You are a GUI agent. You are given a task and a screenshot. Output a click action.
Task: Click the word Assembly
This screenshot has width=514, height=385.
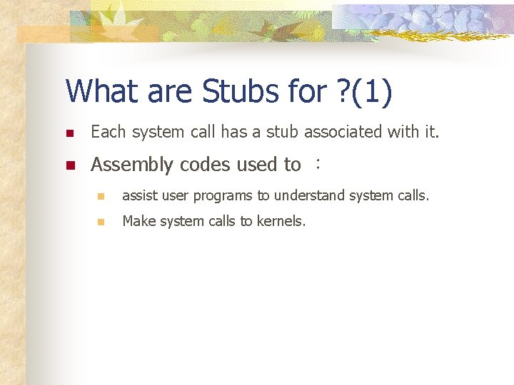(x=132, y=165)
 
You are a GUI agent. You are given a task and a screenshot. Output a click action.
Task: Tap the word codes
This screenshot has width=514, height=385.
(x=205, y=165)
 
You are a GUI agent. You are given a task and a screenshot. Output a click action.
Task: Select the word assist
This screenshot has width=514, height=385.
(x=138, y=195)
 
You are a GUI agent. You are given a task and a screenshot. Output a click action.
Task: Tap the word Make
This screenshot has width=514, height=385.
(x=137, y=221)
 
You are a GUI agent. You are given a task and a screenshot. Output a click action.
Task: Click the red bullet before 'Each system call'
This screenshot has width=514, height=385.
(x=69, y=133)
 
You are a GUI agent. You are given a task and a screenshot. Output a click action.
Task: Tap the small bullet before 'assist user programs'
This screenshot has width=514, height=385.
(x=102, y=196)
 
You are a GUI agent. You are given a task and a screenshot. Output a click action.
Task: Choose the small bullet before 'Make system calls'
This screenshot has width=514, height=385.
(x=102, y=222)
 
